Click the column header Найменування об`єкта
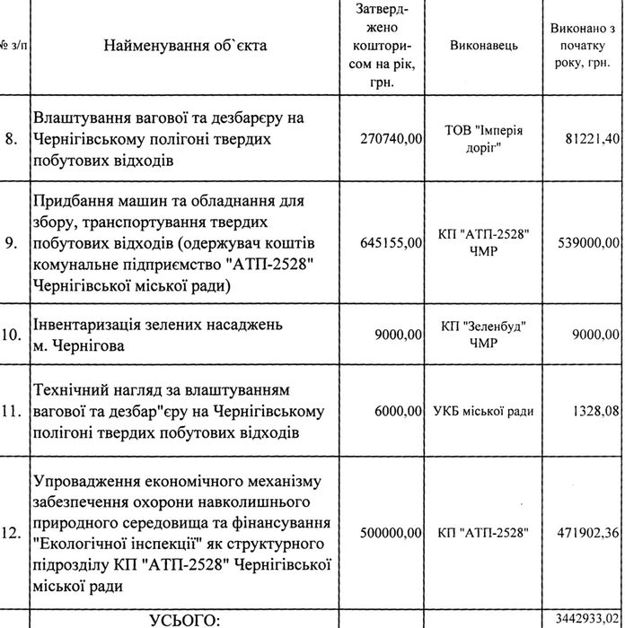coord(184,45)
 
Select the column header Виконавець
coord(484,46)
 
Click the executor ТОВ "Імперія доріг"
coord(484,139)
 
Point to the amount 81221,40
coord(589,140)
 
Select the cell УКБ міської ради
coord(484,412)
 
